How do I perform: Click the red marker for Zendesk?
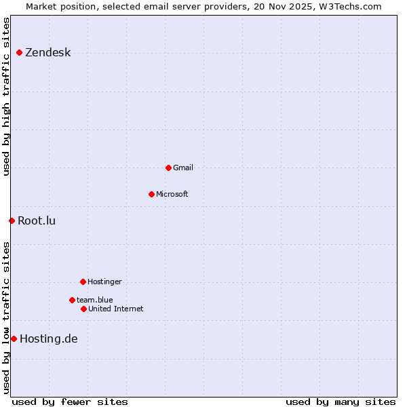click(19, 52)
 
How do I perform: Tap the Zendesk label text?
click(47, 53)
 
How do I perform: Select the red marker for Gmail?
click(168, 168)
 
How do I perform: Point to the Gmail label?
click(183, 168)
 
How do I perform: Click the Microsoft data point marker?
click(151, 194)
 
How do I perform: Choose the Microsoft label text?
click(172, 194)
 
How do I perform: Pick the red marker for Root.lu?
click(12, 220)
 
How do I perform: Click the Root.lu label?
click(37, 220)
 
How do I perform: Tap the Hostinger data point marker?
click(83, 282)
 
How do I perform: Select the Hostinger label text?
click(104, 282)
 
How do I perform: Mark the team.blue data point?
click(72, 300)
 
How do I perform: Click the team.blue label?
click(94, 300)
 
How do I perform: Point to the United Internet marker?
click(83, 309)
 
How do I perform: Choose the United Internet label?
click(115, 309)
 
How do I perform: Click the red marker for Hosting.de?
click(14, 338)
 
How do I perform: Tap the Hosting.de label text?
click(49, 339)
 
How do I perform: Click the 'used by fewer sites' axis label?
click(70, 402)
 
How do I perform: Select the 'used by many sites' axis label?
click(341, 402)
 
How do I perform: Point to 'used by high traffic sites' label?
click(6, 96)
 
